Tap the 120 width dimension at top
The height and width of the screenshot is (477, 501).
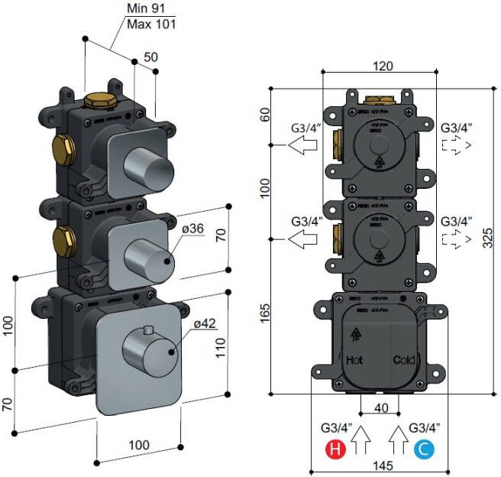(383, 66)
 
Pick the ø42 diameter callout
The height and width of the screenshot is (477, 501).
(206, 324)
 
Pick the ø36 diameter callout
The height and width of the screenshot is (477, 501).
(192, 229)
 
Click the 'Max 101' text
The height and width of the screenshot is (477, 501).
(152, 24)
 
